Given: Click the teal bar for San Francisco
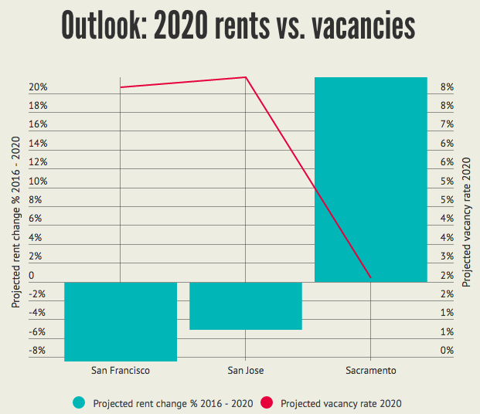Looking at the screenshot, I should [x=121, y=321].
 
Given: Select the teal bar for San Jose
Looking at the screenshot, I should [x=245, y=306].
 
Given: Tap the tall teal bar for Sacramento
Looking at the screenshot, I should [x=371, y=179].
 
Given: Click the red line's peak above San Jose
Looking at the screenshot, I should [x=246, y=77].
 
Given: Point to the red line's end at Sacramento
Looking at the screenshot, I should [x=371, y=277].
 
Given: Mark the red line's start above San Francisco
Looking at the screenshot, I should [x=121, y=87].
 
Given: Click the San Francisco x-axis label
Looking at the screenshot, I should [x=120, y=371].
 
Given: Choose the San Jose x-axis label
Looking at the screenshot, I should [x=245, y=371].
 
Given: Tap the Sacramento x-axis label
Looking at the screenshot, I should [x=371, y=371].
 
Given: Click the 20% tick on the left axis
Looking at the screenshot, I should [x=38, y=87].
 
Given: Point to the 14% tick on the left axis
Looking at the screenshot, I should [x=38, y=144].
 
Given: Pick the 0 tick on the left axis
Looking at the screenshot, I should [x=32, y=275].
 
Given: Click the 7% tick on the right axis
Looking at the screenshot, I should [x=447, y=125].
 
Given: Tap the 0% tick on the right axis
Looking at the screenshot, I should [x=447, y=351].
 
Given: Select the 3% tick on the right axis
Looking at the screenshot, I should [x=447, y=256].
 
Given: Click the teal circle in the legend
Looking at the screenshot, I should [x=78, y=402].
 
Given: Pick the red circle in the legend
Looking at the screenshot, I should [x=266, y=402].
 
